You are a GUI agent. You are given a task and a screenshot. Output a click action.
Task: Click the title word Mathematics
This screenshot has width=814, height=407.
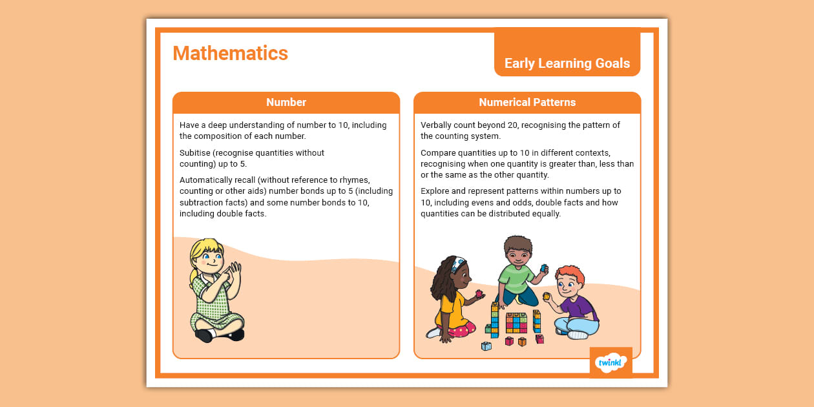[230, 53]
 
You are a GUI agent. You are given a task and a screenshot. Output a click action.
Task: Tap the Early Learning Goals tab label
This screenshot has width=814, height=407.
[567, 63]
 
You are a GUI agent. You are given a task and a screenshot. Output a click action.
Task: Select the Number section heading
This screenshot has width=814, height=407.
[286, 102]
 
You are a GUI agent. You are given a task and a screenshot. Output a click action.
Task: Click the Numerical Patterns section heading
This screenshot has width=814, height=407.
[527, 102]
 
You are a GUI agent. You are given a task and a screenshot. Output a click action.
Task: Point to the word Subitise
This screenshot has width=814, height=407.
[196, 153]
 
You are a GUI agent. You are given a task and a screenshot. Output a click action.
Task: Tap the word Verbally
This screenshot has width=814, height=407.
[439, 125]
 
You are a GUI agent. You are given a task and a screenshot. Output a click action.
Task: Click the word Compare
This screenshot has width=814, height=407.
[439, 153]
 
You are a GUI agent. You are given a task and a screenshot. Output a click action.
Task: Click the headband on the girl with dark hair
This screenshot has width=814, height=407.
[458, 264]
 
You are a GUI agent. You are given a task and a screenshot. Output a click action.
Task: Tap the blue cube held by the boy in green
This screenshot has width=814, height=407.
[544, 267]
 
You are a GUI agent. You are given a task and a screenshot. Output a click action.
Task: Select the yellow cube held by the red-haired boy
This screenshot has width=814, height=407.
[546, 297]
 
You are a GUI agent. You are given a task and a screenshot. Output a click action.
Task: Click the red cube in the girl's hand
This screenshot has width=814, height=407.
[479, 294]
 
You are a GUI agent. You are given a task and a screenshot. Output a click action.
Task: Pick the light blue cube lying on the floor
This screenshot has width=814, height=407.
[486, 346]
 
